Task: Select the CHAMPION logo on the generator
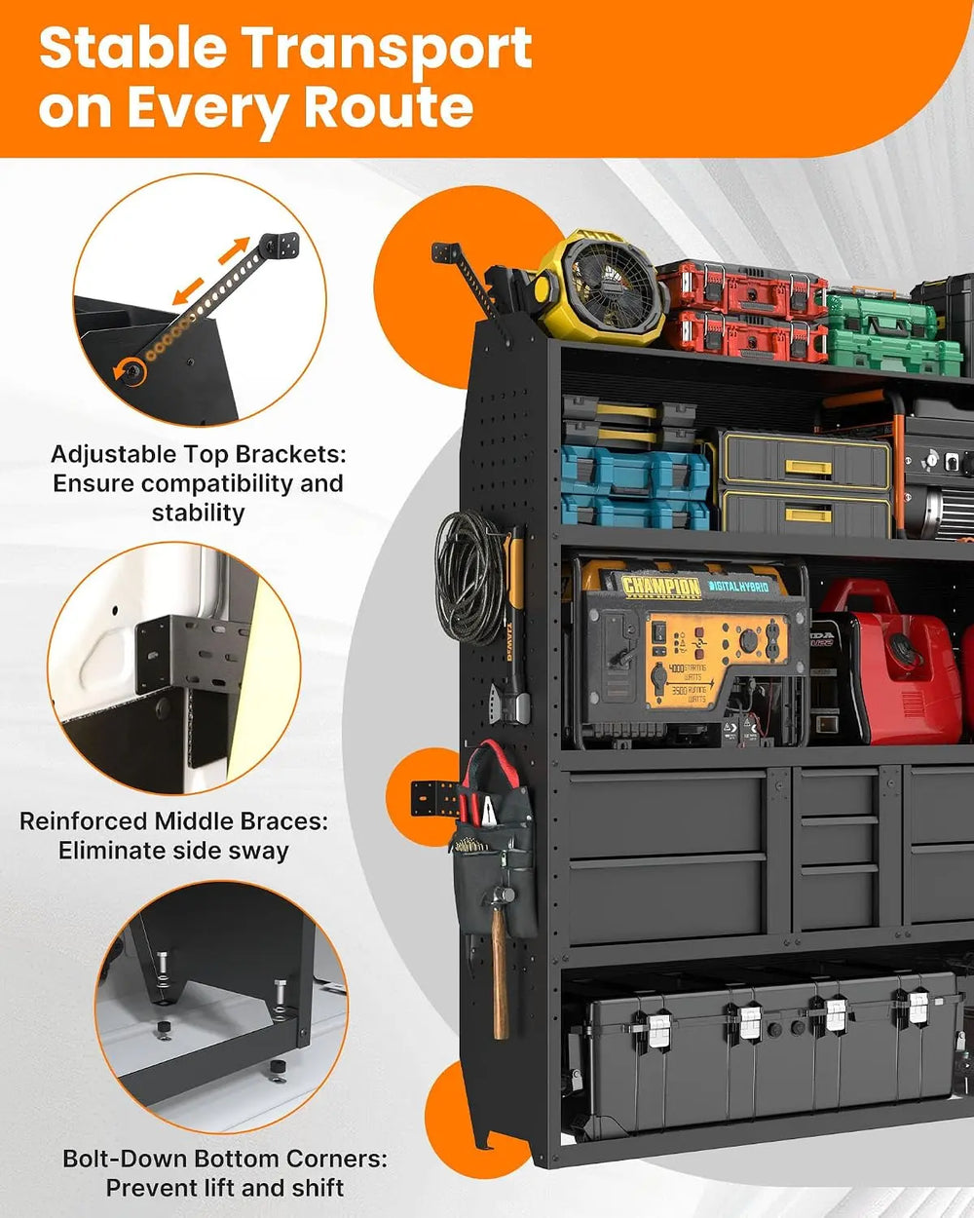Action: click(661, 586)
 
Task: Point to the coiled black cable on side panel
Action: click(469, 577)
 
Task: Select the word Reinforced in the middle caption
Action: click(83, 821)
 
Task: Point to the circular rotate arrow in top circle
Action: click(130, 372)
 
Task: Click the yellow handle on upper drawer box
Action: click(808, 467)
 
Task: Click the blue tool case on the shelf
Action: click(635, 487)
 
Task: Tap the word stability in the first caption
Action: click(198, 514)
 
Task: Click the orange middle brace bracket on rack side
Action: click(435, 799)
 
